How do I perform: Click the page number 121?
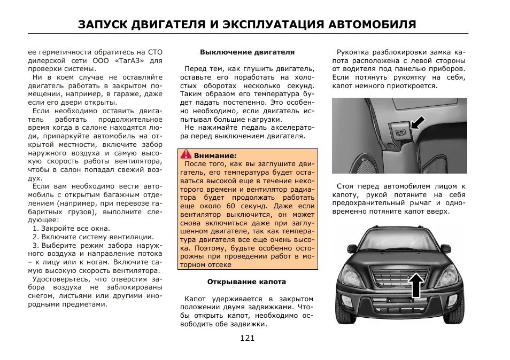click(x=247, y=338)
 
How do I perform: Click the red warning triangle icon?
click(x=186, y=154)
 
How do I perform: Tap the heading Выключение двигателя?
click(x=247, y=52)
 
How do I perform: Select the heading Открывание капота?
click(x=247, y=281)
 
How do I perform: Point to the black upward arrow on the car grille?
click(x=416, y=285)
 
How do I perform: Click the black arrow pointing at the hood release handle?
click(x=420, y=124)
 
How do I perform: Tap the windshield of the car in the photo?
click(x=400, y=239)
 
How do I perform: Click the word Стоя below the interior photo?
click(x=346, y=186)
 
